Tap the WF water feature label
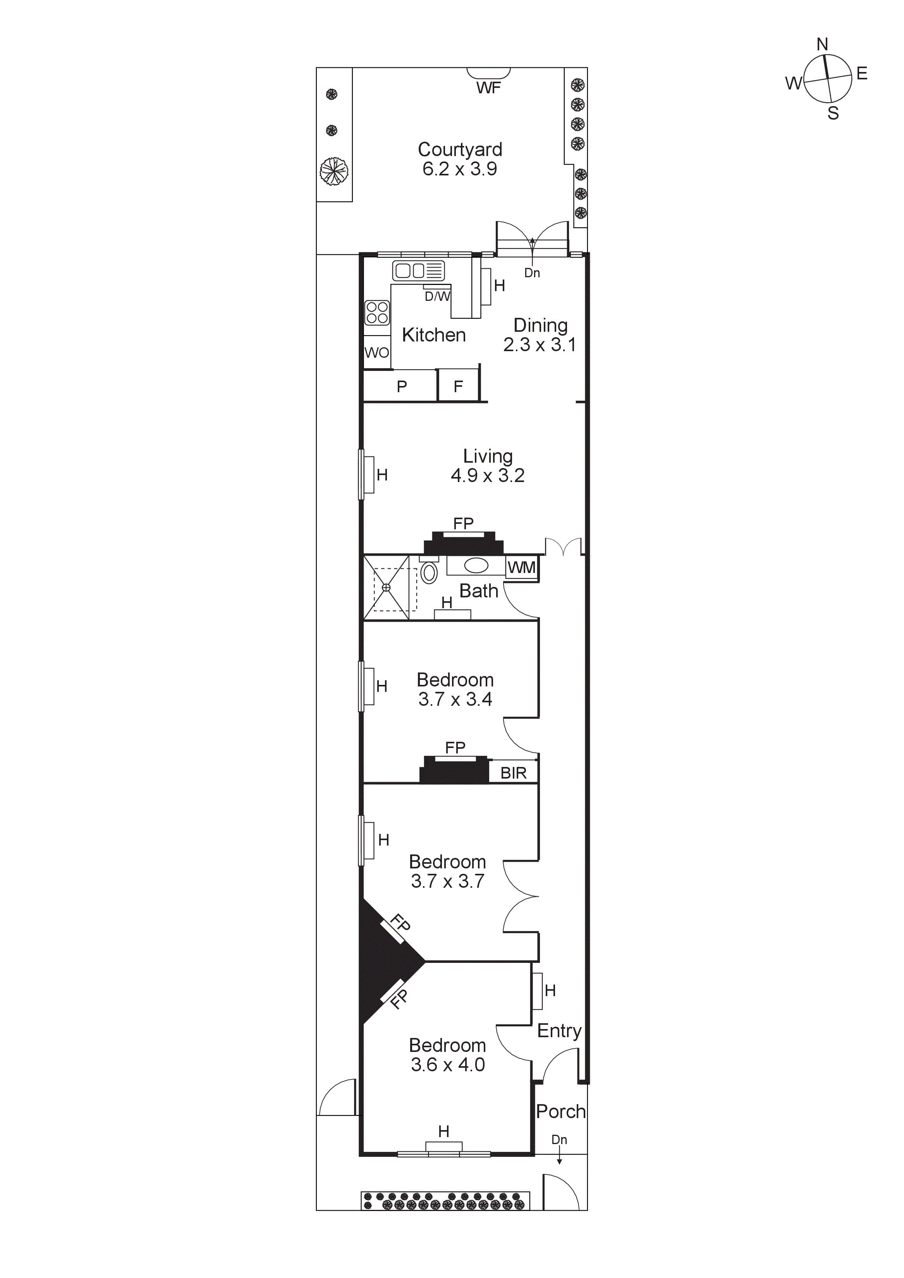click(488, 88)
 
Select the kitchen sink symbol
click(418, 271)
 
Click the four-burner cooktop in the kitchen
click(377, 312)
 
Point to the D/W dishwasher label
click(437, 296)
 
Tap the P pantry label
click(402, 386)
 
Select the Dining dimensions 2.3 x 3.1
click(539, 345)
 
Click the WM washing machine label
click(521, 568)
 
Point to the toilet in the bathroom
click(429, 572)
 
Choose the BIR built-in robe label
click(513, 773)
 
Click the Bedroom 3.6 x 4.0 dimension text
click(448, 1064)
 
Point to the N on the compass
click(822, 45)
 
